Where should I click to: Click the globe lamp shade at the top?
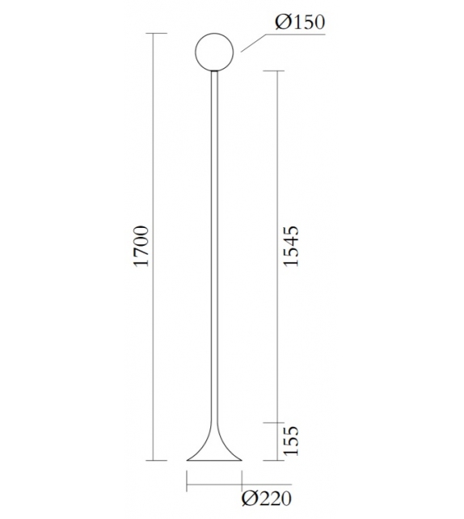coord(216,52)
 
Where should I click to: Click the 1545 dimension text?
coord(292,247)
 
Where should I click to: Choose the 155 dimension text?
coord(292,442)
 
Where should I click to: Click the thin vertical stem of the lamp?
coord(216,243)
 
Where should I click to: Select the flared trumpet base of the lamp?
coord(216,449)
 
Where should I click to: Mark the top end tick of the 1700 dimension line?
coord(155,33)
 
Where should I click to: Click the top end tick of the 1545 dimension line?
coord(277,71)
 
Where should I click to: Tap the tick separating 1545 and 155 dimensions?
coord(277,423)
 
